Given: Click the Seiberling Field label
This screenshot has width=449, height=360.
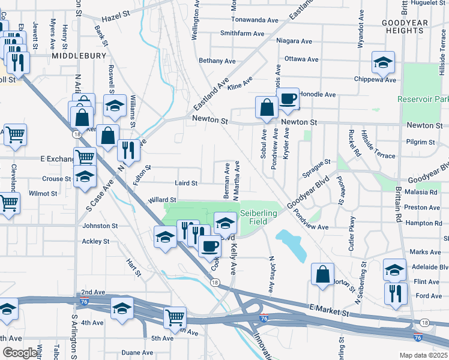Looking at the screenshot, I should tap(259, 217).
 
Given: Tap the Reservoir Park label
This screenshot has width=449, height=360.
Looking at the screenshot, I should tap(423, 98).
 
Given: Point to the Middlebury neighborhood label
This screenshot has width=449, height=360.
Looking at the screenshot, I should tap(79, 55).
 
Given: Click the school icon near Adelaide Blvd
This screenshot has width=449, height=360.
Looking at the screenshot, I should tap(394, 270).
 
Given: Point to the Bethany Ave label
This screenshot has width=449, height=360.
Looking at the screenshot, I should tap(217, 61).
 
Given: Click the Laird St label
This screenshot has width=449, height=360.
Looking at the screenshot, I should tap(186, 183).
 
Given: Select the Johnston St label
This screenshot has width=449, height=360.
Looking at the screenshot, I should tap(100, 226).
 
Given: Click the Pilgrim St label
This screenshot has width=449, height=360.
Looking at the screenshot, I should tap(420, 142).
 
